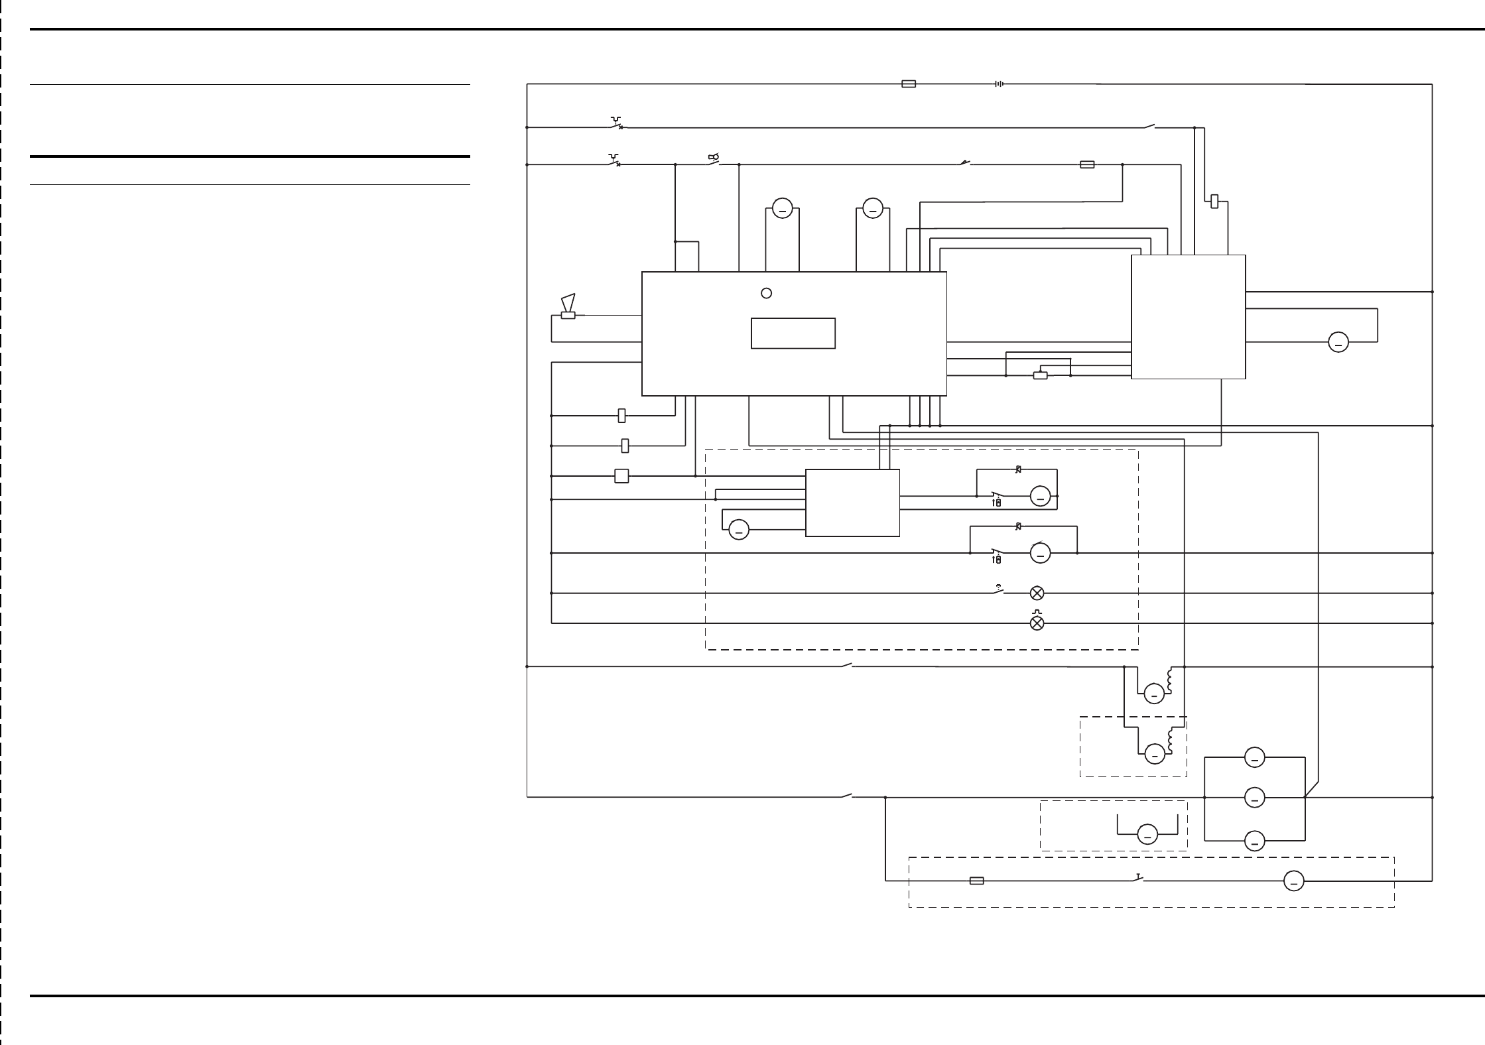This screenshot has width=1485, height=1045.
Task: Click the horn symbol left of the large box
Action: point(568,307)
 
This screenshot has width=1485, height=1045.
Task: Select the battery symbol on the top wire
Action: point(998,84)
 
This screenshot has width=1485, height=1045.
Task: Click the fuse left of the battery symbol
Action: point(909,84)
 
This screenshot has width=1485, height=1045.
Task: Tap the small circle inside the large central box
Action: point(766,293)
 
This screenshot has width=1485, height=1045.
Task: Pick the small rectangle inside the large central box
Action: point(793,333)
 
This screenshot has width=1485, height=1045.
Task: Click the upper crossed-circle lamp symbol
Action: point(1037,593)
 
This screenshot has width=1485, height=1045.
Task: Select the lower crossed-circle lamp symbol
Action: point(1037,623)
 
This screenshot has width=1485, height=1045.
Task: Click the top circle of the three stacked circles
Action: point(1254,757)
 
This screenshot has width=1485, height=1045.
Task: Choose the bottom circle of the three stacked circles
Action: point(1254,841)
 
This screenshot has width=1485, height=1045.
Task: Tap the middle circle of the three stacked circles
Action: point(1254,798)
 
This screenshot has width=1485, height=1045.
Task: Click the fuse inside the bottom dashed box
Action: point(976,881)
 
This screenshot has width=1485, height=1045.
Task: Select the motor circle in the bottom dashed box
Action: point(1293,881)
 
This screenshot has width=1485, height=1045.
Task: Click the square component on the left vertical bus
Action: point(621,476)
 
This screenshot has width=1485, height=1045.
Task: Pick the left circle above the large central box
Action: point(783,209)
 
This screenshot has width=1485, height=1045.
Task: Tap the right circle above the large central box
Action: point(873,209)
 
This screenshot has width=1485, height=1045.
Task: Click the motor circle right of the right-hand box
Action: point(1338,342)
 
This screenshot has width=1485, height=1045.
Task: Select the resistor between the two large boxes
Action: point(1041,375)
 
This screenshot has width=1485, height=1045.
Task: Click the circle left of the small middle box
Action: point(739,530)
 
